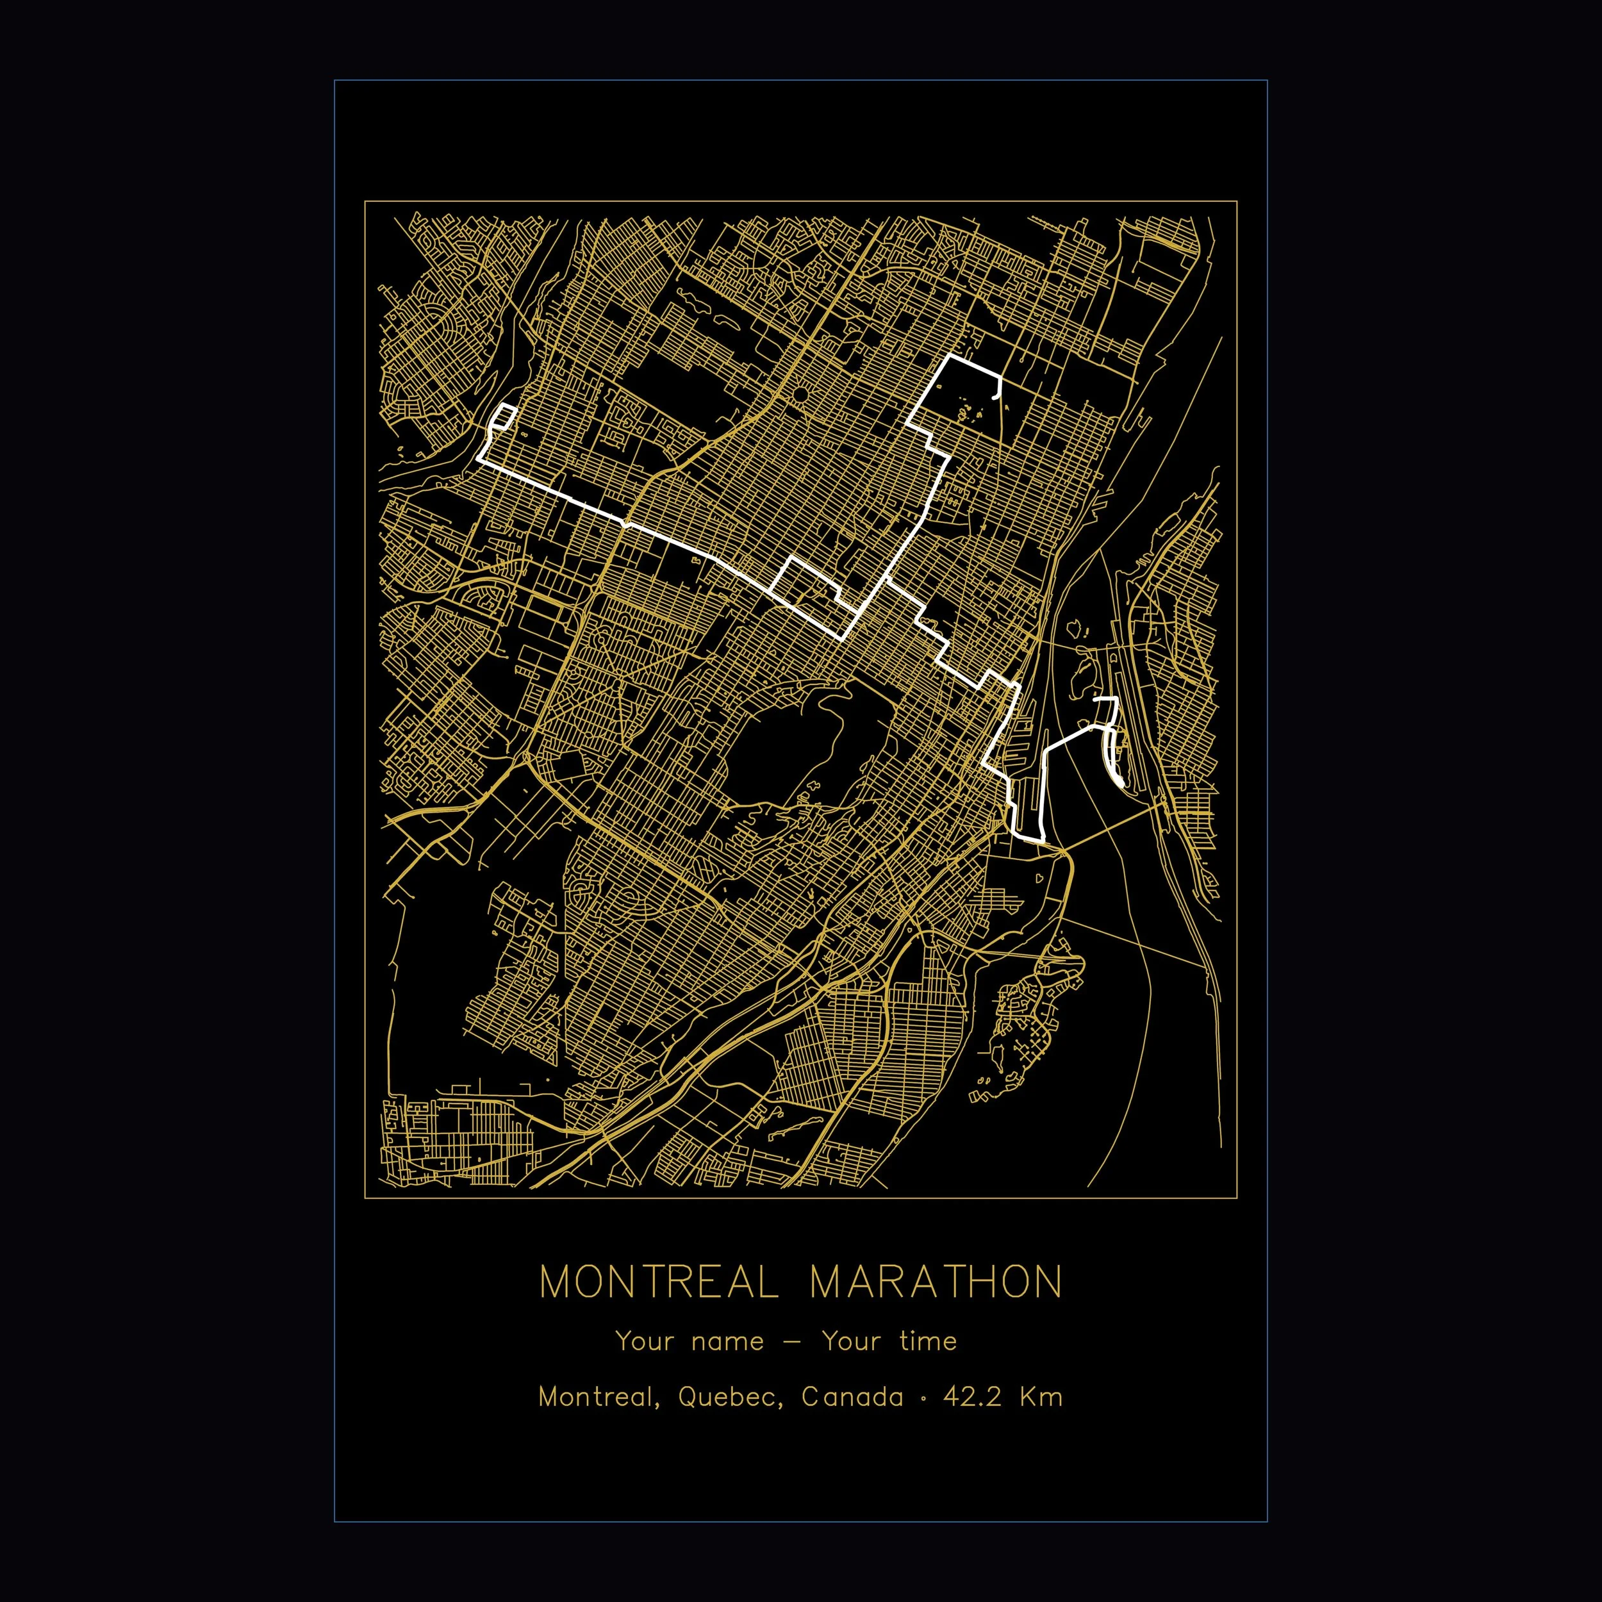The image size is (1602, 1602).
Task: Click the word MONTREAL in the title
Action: [x=659, y=1282]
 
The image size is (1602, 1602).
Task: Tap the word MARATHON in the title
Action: [x=936, y=1282]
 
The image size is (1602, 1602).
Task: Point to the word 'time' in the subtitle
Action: [x=927, y=1341]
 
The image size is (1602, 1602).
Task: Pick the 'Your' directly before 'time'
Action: [x=852, y=1341]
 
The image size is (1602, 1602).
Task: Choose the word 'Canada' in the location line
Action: [x=852, y=1397]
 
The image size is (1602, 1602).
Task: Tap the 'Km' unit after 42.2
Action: [x=1041, y=1397]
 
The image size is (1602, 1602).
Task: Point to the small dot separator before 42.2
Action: [x=924, y=1398]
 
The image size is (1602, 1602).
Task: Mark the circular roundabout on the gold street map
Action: [x=801, y=395]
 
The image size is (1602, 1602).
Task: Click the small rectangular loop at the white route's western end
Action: [x=504, y=417]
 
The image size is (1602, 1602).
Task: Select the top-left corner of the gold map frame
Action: [x=365, y=201]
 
